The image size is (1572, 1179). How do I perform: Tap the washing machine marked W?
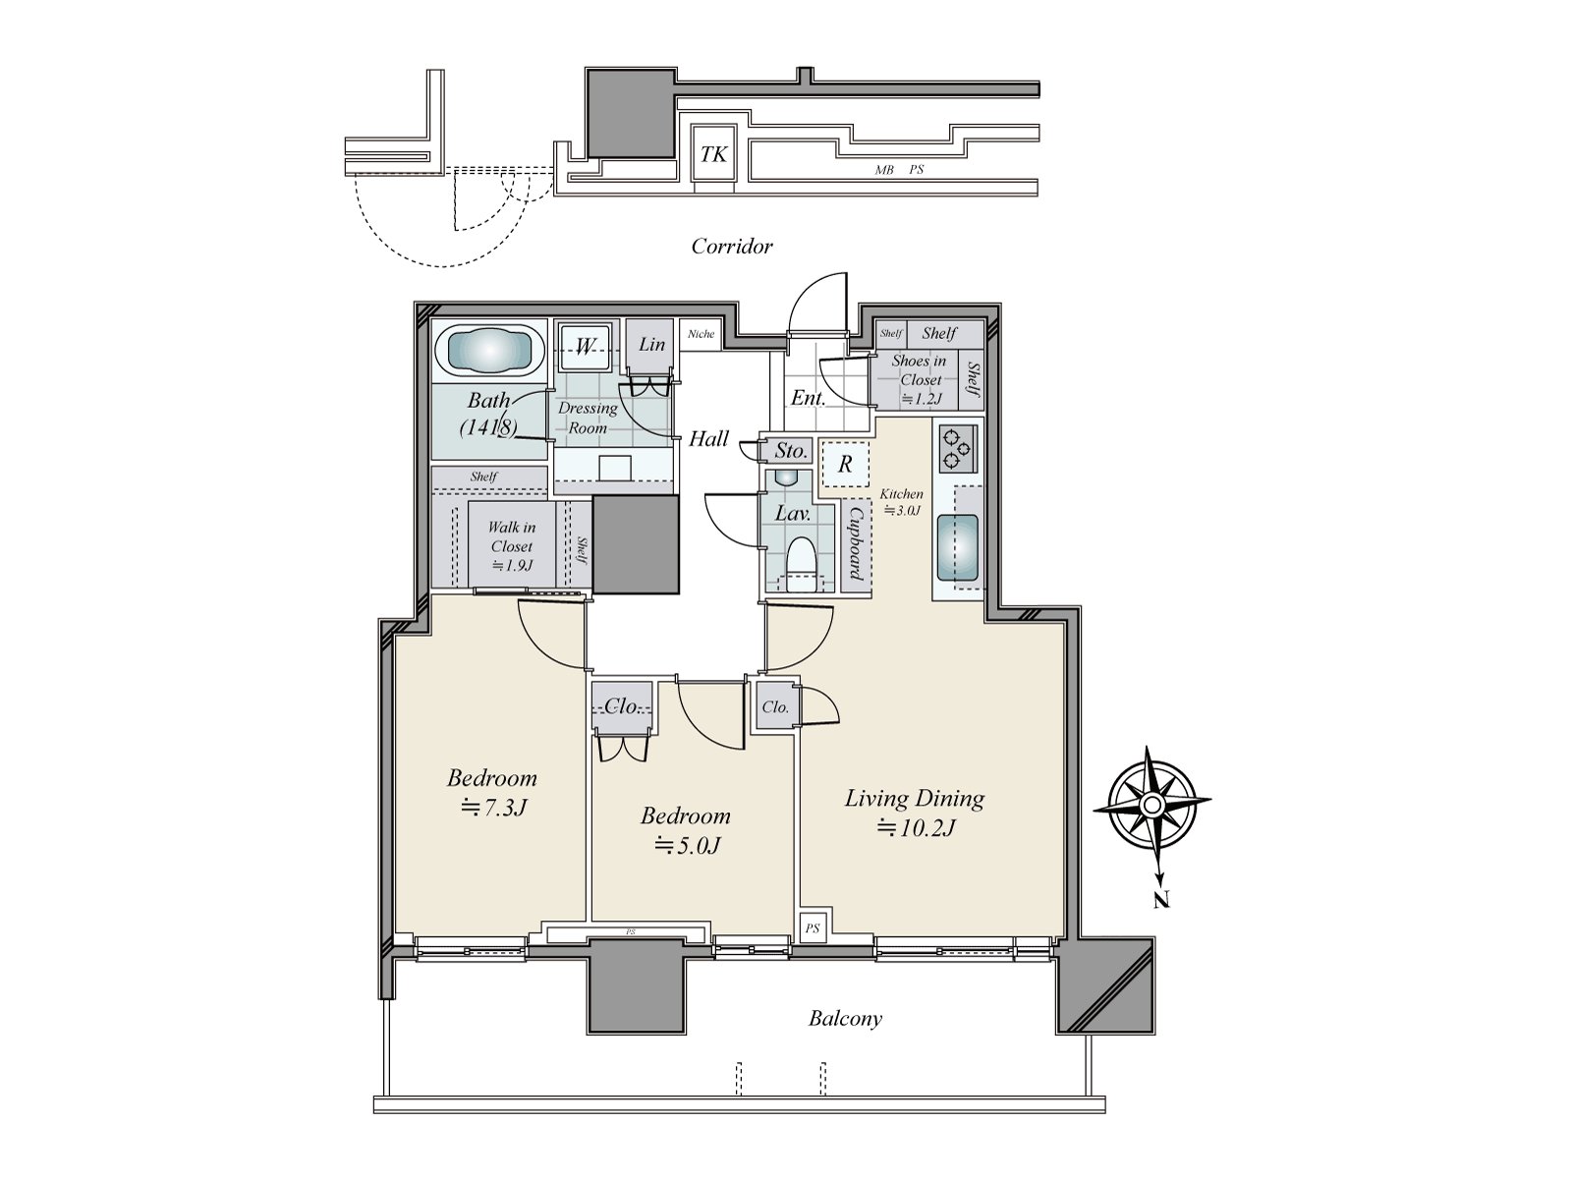click(x=586, y=346)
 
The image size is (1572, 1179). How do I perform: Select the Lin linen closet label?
click(x=651, y=344)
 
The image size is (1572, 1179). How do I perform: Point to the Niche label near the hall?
click(x=701, y=334)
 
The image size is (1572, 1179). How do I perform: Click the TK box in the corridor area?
click(x=714, y=154)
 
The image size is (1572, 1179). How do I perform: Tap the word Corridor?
click(x=732, y=246)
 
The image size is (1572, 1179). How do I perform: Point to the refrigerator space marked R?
click(x=844, y=465)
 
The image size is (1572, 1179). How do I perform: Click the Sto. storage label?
click(x=790, y=451)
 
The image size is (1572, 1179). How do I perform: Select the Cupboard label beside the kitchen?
click(x=855, y=543)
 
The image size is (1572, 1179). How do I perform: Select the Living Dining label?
click(x=914, y=798)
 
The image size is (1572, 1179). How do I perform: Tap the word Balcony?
click(x=845, y=1018)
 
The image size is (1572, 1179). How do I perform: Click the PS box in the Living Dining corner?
click(x=814, y=927)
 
